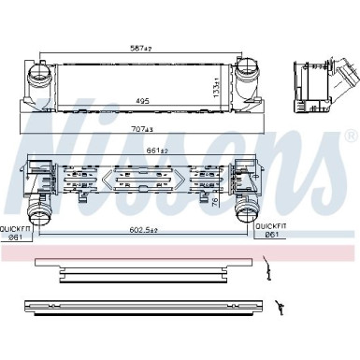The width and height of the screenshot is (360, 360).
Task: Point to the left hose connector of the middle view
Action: [x=40, y=207]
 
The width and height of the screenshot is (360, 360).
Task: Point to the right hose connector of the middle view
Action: [x=249, y=207]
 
